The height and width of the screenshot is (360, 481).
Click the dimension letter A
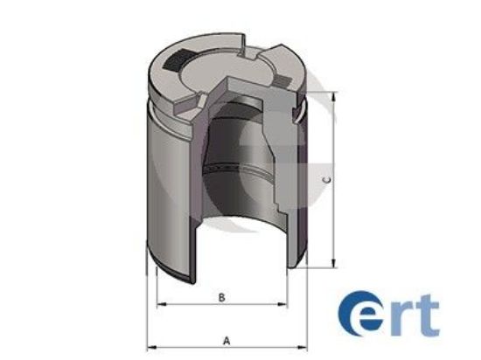(227, 340)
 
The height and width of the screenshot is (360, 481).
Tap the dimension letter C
(325, 180)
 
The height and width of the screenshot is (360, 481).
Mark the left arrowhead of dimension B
(159, 306)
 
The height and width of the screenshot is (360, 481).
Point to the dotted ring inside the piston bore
(223, 166)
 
